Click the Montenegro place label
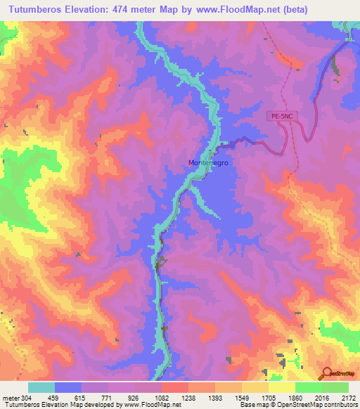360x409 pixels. [210, 162]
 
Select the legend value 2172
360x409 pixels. [348, 397]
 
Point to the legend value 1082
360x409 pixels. [161, 397]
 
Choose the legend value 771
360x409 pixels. [108, 397]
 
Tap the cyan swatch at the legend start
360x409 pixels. [41, 387]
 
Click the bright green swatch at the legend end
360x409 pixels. [335, 387]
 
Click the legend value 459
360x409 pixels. [54, 397]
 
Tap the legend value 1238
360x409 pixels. [188, 397]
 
